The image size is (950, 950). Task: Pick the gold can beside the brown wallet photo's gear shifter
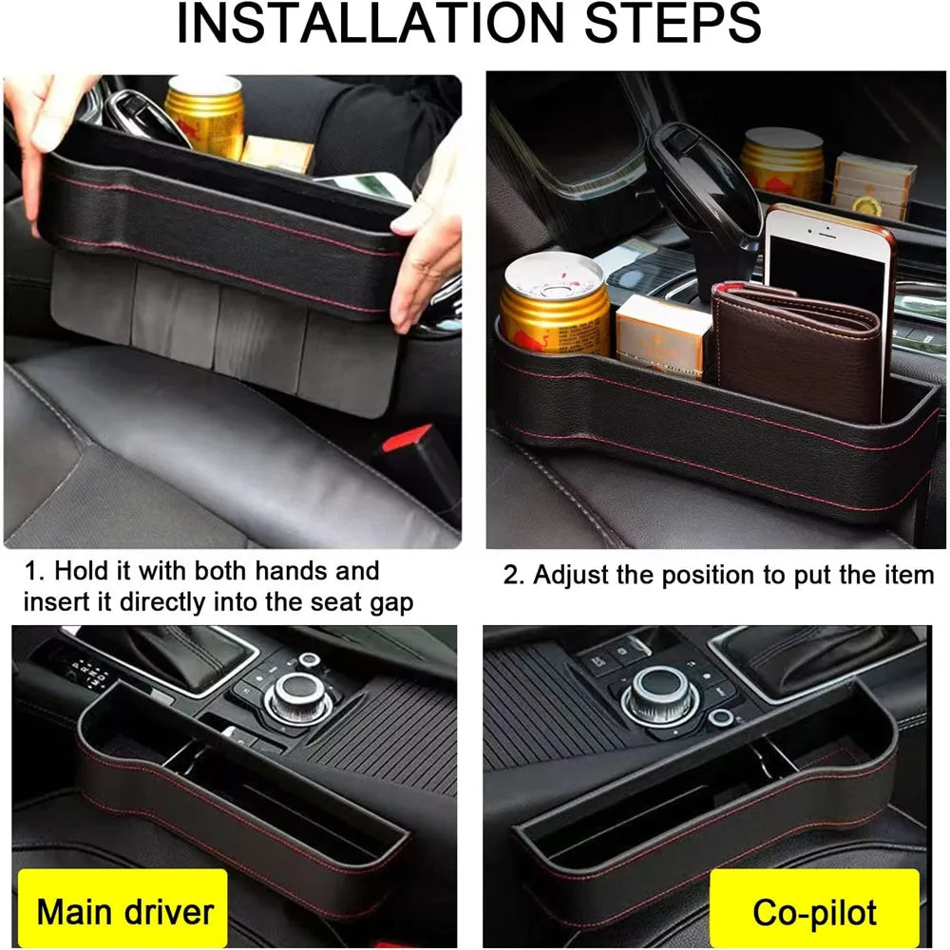click(x=554, y=306)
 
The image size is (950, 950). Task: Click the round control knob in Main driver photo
click(x=298, y=697)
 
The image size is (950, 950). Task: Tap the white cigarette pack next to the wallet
click(x=662, y=334)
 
